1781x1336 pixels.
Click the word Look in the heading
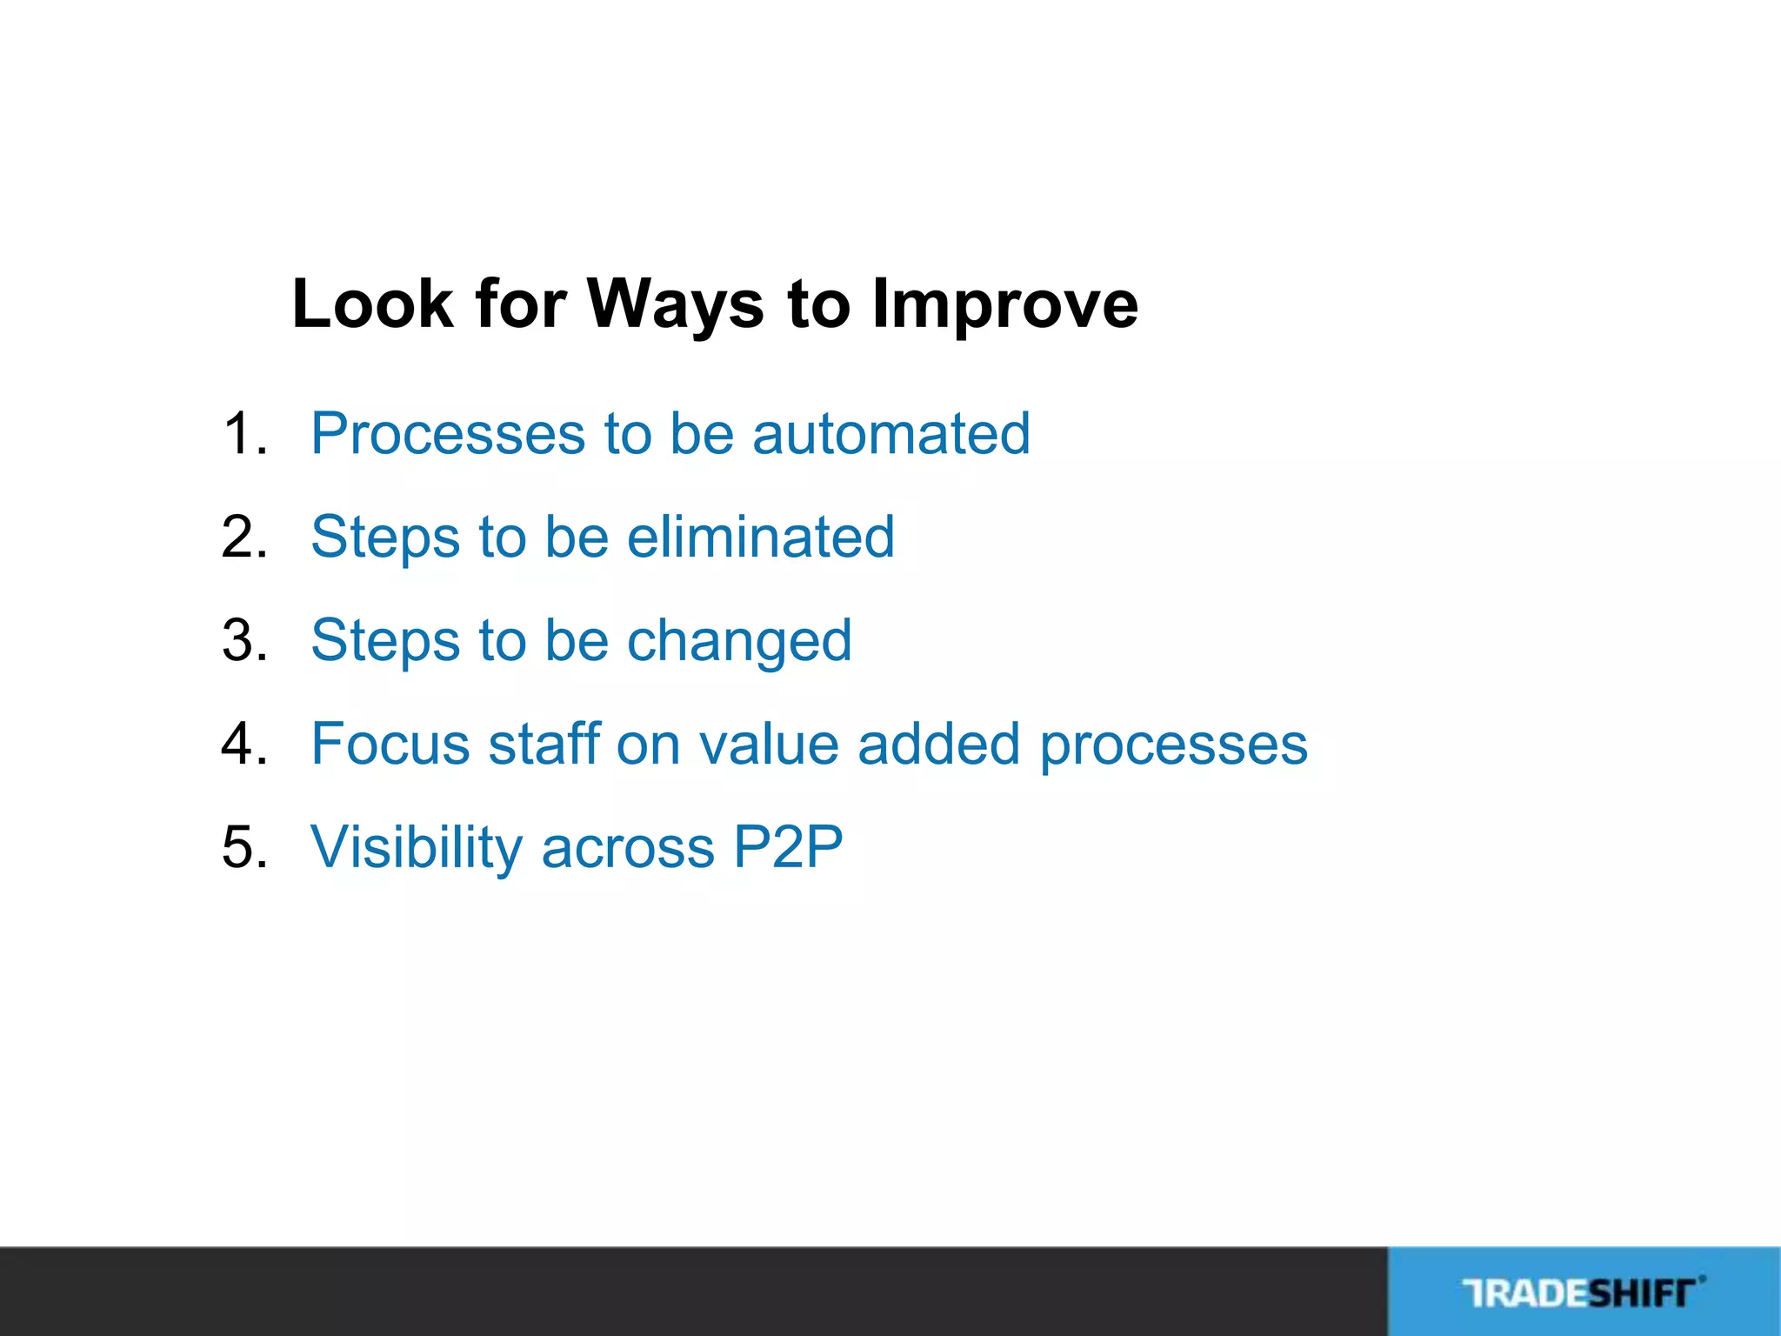click(x=372, y=304)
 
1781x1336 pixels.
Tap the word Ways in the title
click(x=676, y=304)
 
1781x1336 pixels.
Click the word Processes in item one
click(x=448, y=434)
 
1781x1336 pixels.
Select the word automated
click(x=890, y=434)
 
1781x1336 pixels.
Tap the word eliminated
click(x=760, y=538)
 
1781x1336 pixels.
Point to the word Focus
click(x=390, y=745)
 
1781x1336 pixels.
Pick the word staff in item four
click(x=544, y=745)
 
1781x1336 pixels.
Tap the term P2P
click(x=787, y=847)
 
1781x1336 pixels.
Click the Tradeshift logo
click(x=1583, y=1293)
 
